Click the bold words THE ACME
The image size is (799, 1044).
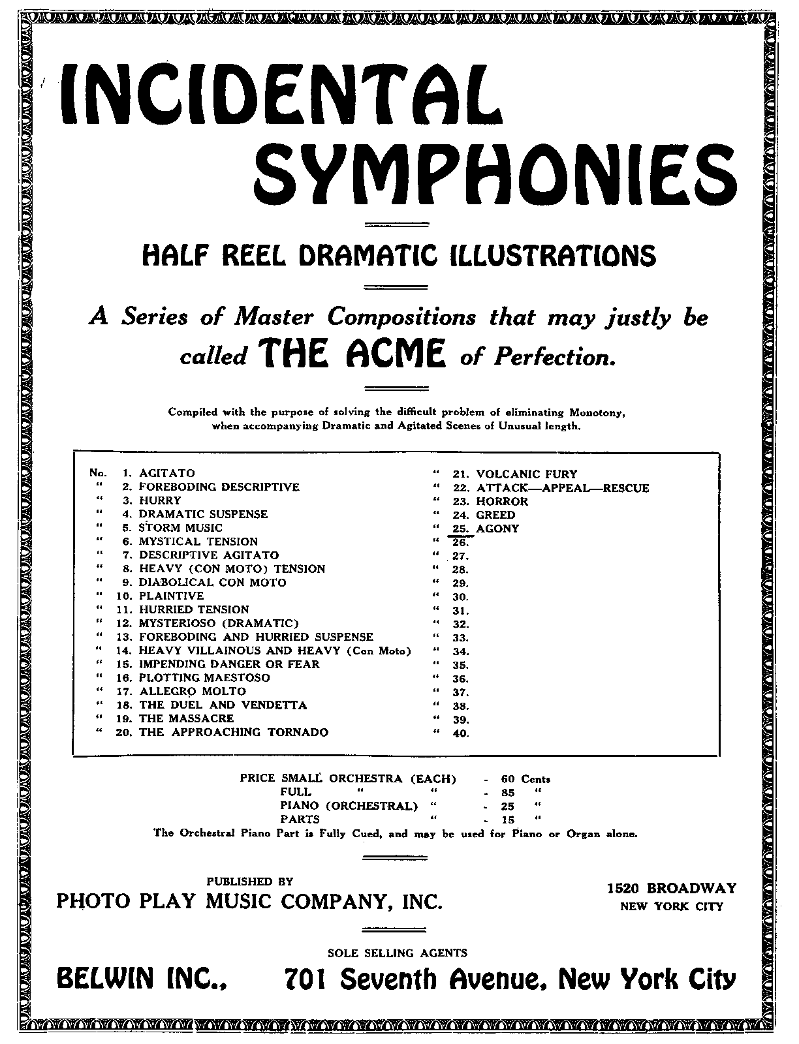coord(352,356)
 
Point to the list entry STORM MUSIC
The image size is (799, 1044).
coord(180,528)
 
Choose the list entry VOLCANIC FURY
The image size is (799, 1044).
coord(527,474)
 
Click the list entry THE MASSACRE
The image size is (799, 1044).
coord(186,718)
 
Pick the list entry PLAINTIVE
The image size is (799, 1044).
coord(171,596)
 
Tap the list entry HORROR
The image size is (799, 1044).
coord(502,502)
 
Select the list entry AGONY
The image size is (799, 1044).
coord(497,529)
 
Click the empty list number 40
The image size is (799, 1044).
coord(460,733)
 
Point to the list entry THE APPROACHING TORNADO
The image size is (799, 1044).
coord(233,732)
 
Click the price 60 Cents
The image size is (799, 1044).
coord(525,779)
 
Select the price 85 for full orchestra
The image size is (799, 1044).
coord(508,792)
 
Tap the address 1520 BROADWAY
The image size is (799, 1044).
coord(672,889)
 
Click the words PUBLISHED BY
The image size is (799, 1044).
coord(250,881)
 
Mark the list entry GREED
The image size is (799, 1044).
coord(495,515)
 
